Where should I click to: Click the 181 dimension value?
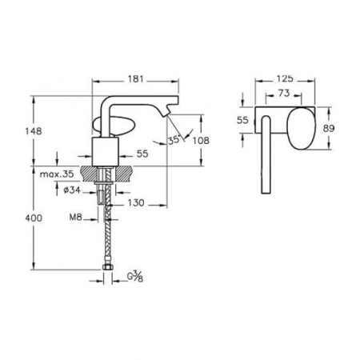coord(135,79)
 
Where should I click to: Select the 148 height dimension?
coord(34,131)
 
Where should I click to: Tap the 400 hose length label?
coord(34,218)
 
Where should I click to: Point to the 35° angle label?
coord(174,140)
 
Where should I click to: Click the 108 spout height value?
coord(201,141)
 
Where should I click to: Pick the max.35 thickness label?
coord(57,174)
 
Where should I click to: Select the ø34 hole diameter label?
coord(72,190)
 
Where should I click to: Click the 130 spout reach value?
coord(136,203)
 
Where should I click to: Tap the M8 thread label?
coord(75,218)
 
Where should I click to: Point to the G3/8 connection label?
coord(135,276)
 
